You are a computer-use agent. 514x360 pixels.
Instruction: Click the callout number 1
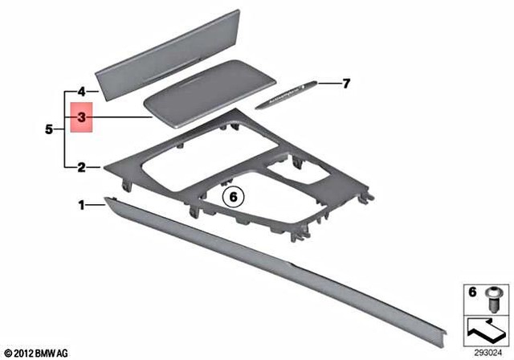[81, 206]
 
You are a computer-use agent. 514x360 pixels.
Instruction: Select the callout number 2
[81, 168]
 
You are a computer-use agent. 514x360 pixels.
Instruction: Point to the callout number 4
[81, 91]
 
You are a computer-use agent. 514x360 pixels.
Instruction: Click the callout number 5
[49, 129]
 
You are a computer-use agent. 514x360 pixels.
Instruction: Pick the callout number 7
[347, 83]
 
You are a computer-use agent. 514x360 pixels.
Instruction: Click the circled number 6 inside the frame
[234, 195]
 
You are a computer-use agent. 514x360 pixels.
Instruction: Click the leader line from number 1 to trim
[96, 206]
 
